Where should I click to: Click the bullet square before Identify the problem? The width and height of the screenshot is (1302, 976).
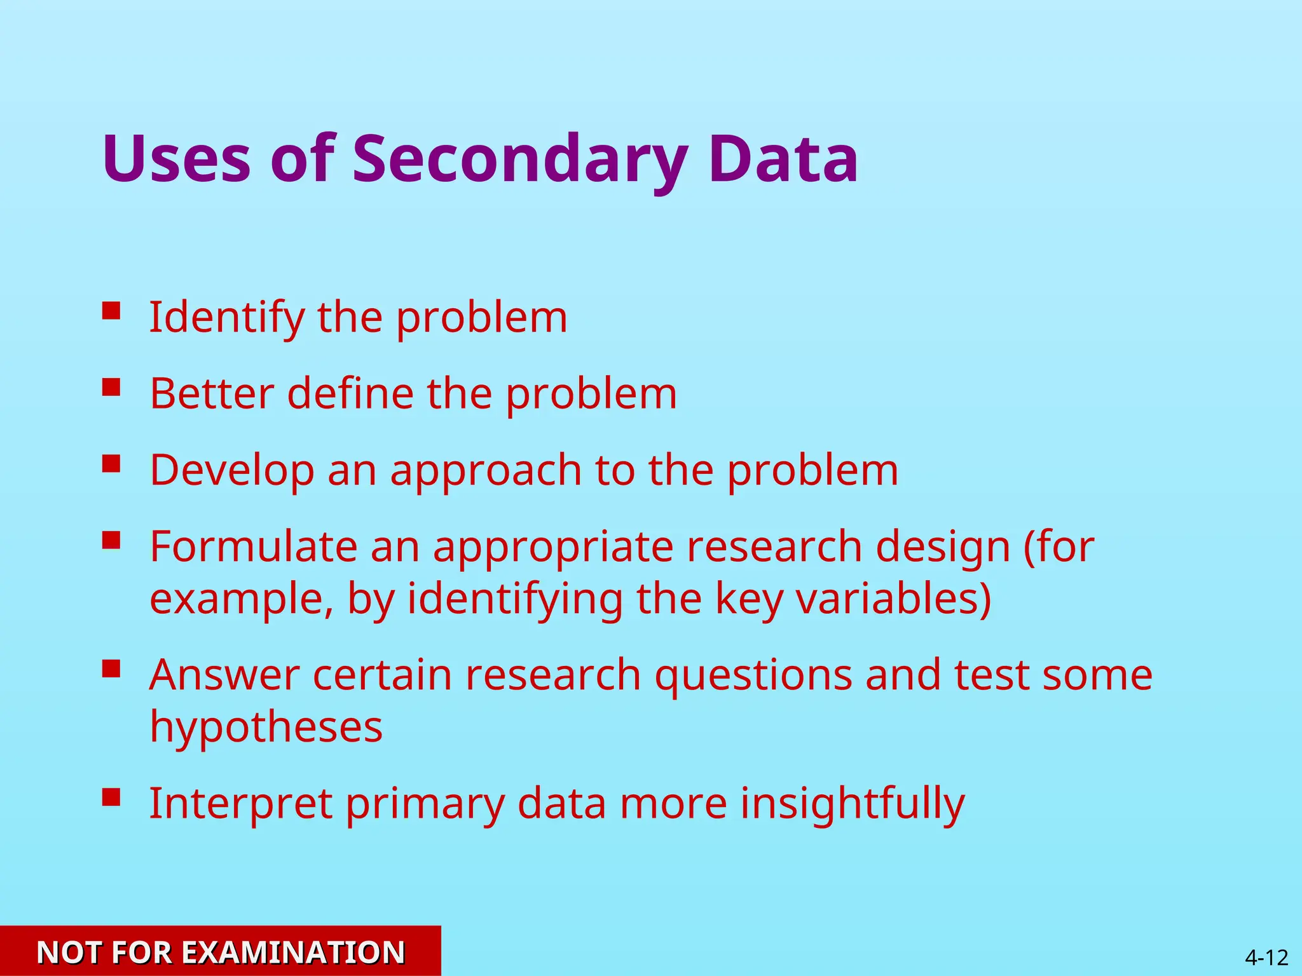(x=111, y=311)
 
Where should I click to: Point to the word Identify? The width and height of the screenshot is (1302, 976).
(x=226, y=317)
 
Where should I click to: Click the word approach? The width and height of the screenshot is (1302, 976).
(x=486, y=471)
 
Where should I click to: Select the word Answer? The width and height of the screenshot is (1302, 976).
(x=224, y=675)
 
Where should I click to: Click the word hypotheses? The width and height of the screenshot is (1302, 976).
(x=266, y=727)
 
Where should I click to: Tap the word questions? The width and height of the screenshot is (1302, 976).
(x=753, y=676)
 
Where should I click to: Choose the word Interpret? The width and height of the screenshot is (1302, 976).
(x=240, y=804)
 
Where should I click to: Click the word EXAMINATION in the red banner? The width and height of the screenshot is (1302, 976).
(x=293, y=952)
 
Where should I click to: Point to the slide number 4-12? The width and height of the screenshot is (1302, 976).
(x=1266, y=957)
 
